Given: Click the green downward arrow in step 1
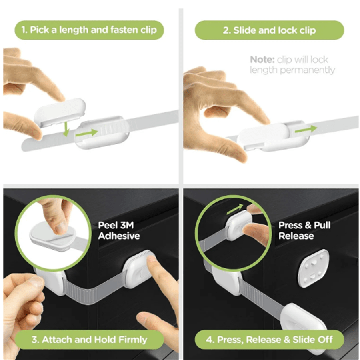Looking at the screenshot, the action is click(x=66, y=129).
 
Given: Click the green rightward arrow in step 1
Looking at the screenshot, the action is click(x=86, y=133).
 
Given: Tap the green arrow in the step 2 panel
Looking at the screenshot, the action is click(x=306, y=129).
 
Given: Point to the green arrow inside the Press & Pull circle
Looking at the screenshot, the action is click(x=235, y=209).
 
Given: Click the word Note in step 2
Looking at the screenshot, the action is click(x=262, y=60).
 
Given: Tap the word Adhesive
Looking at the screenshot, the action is click(x=119, y=236).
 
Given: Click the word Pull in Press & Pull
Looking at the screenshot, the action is click(x=322, y=225).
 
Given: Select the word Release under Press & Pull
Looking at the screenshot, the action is click(x=296, y=236).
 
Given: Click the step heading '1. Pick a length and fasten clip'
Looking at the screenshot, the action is click(x=89, y=30).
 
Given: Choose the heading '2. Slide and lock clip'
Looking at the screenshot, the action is click(x=269, y=30).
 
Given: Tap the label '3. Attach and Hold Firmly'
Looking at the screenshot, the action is click(x=89, y=340).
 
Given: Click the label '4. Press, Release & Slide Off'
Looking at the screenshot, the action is click(x=269, y=340).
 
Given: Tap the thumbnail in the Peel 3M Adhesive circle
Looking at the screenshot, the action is click(x=60, y=228).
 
